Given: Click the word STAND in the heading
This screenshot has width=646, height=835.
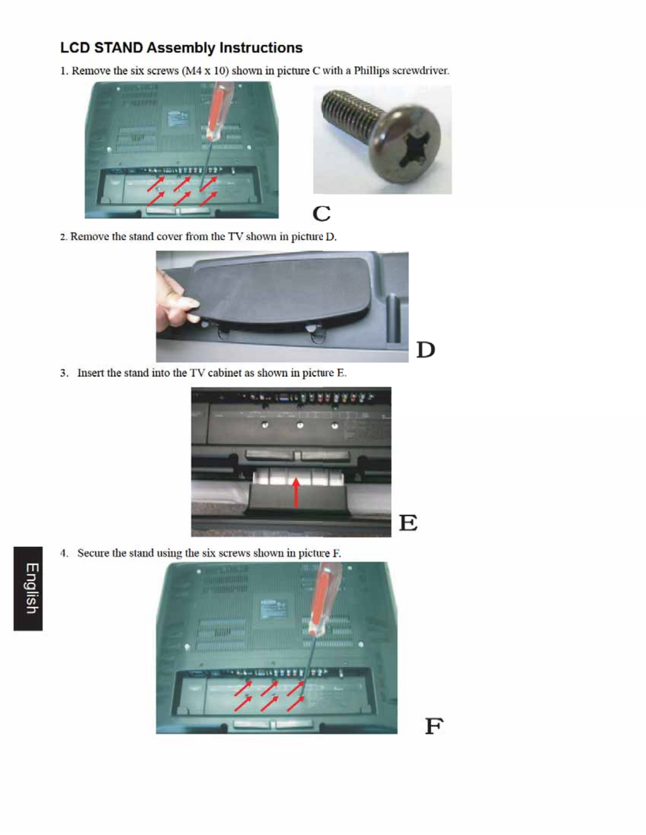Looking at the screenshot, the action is tap(119, 48).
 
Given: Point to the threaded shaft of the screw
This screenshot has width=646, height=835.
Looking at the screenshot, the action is tap(350, 111).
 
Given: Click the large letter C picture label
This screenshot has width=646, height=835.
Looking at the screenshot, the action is tap(321, 213).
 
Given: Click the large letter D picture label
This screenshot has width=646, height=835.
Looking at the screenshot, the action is tap(425, 349).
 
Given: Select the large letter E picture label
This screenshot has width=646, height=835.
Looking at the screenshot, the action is tap(408, 522).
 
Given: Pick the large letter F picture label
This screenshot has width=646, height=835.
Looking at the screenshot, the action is tap(434, 725).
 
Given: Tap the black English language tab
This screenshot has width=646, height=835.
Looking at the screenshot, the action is tap(28, 588).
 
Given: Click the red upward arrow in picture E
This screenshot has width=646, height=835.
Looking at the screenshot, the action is tap(296, 492).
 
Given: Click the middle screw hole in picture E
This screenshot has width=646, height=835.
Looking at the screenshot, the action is tap(300, 425).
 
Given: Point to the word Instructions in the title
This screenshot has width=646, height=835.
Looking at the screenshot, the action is tap(261, 48).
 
